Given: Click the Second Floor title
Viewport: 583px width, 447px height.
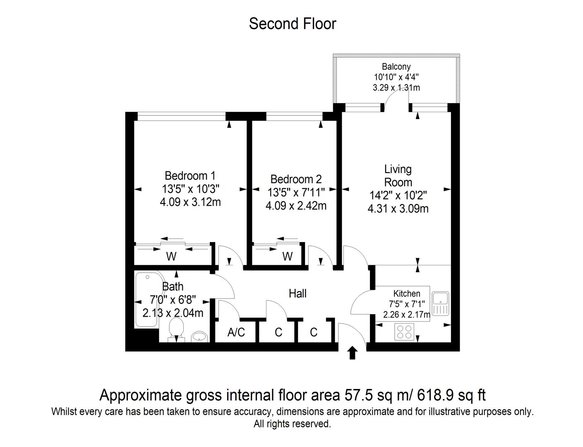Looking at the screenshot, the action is pos(293,24).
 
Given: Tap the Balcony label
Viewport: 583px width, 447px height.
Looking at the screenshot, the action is pos(396,66).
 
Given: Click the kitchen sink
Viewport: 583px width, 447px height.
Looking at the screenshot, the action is pos(441,303).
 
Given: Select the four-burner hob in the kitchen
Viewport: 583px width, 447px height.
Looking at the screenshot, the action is pos(404,332).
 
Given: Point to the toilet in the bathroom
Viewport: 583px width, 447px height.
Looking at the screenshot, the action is pos(176,330).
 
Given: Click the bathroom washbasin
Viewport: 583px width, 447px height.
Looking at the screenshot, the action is pos(199,336).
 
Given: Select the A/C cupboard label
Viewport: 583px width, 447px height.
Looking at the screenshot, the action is pos(236,332).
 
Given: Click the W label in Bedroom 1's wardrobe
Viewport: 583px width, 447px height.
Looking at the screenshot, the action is pos(171,257).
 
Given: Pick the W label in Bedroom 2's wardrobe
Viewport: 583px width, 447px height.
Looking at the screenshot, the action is pos(287,257).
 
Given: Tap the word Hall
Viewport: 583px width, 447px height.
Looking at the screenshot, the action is pos(297,293).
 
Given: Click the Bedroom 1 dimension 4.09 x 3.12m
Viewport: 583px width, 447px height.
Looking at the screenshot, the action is pos(190,202).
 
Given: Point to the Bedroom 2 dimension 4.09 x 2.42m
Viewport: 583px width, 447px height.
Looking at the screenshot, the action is pos(296,206).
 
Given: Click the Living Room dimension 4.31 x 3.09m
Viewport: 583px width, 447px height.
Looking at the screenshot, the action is pos(398,209).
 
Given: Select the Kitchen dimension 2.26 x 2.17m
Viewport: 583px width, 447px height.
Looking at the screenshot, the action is pos(407,314).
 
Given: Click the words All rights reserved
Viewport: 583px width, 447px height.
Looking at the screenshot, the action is pos(292,424).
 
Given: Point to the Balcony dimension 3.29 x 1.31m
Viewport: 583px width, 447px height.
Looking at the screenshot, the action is pos(396,88).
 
